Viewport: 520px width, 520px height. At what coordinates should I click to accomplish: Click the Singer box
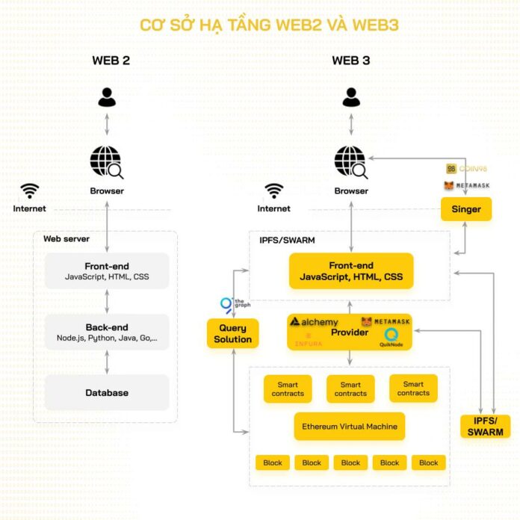[x=466, y=209]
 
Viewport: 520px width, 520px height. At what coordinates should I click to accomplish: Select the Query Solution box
[x=232, y=333]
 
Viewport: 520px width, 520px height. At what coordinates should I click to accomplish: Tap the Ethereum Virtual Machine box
[x=350, y=427]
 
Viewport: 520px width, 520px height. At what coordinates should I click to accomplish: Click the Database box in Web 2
[x=107, y=392]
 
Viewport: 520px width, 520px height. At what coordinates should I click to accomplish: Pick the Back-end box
[x=107, y=332]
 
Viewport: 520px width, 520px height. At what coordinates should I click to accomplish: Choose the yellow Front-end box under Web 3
[x=350, y=270]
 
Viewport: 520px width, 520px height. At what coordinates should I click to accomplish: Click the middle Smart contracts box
[x=350, y=389]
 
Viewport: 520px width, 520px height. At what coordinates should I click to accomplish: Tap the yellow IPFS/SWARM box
[x=485, y=426]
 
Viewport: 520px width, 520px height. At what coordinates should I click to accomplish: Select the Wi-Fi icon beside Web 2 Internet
[x=30, y=190]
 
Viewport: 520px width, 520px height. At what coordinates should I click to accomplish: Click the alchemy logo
[x=315, y=322]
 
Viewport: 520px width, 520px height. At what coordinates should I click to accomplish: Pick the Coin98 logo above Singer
[x=465, y=170]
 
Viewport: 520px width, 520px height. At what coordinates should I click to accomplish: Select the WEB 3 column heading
[x=351, y=61]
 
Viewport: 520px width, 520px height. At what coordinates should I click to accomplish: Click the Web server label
[x=66, y=239]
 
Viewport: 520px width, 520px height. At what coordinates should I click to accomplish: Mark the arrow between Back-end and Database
[x=107, y=362]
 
